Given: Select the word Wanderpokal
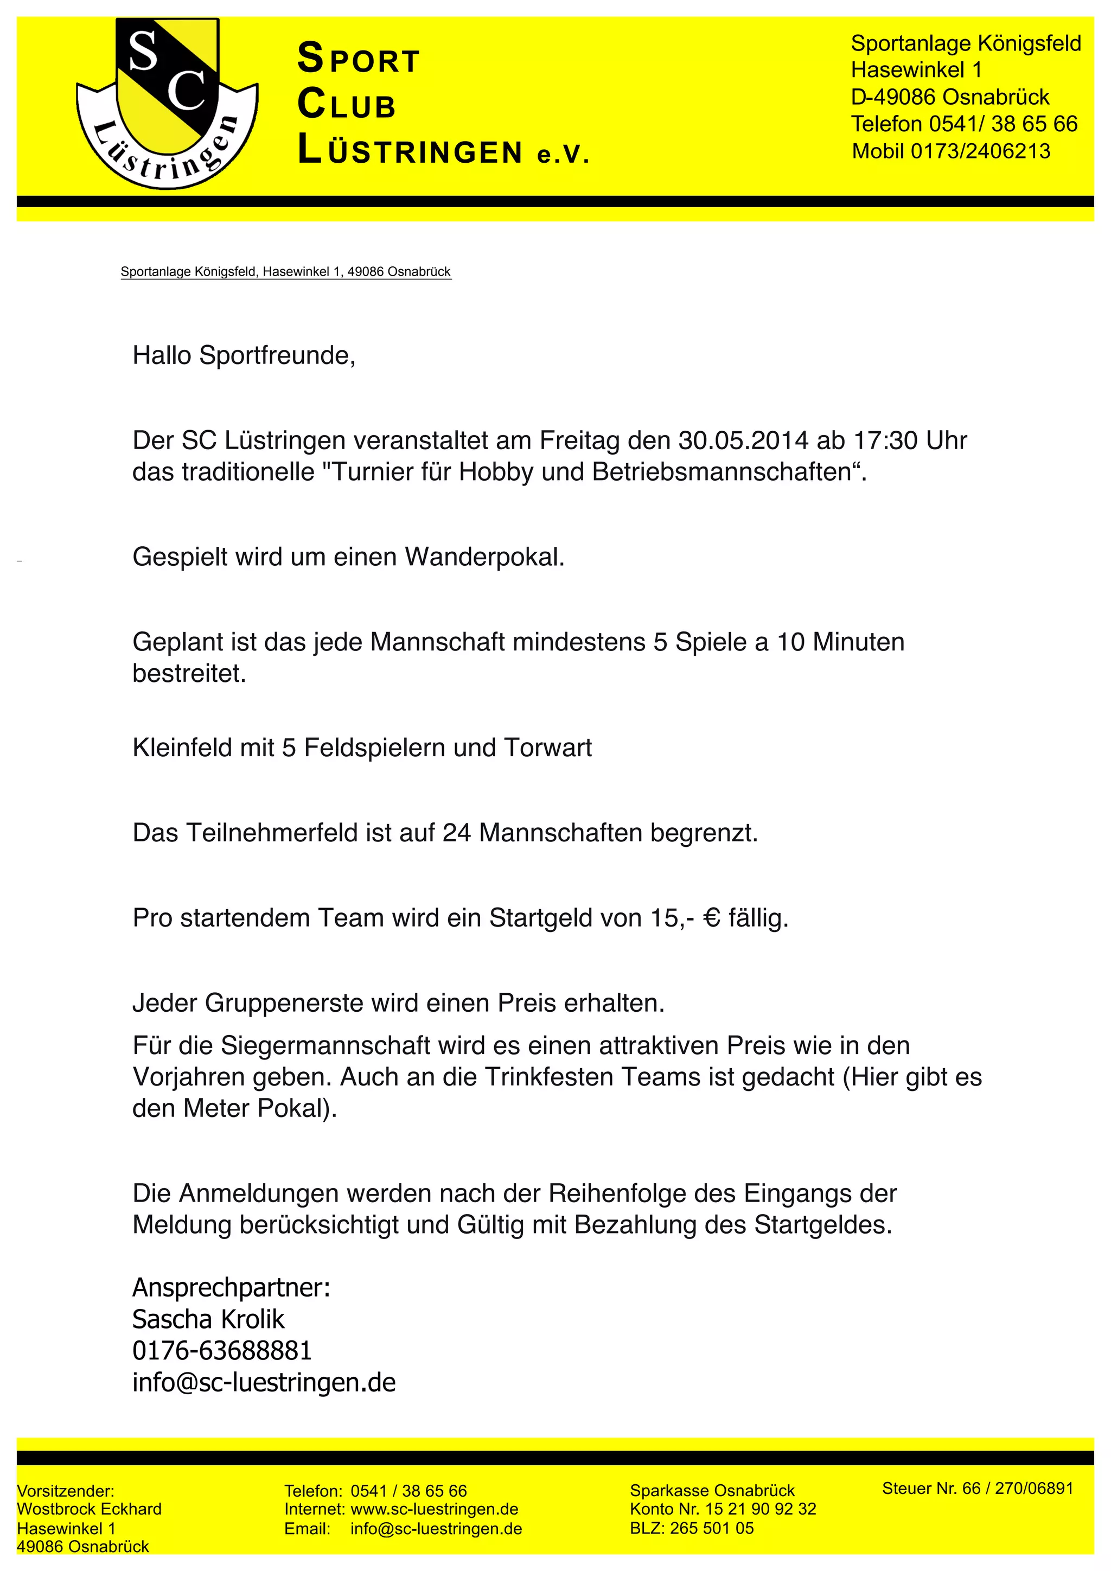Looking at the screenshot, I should pos(484,557).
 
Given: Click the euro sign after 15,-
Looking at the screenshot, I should pos(712,917).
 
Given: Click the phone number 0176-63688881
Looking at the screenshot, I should pos(222,1350).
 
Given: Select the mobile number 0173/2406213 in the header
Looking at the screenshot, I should pos(980,151).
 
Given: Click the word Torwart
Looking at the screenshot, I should pos(548,748).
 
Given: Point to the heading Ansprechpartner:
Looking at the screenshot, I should pos(231,1287).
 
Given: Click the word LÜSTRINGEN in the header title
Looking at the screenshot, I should pos(411,151).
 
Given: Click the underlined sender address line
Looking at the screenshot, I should pos(286,272).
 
